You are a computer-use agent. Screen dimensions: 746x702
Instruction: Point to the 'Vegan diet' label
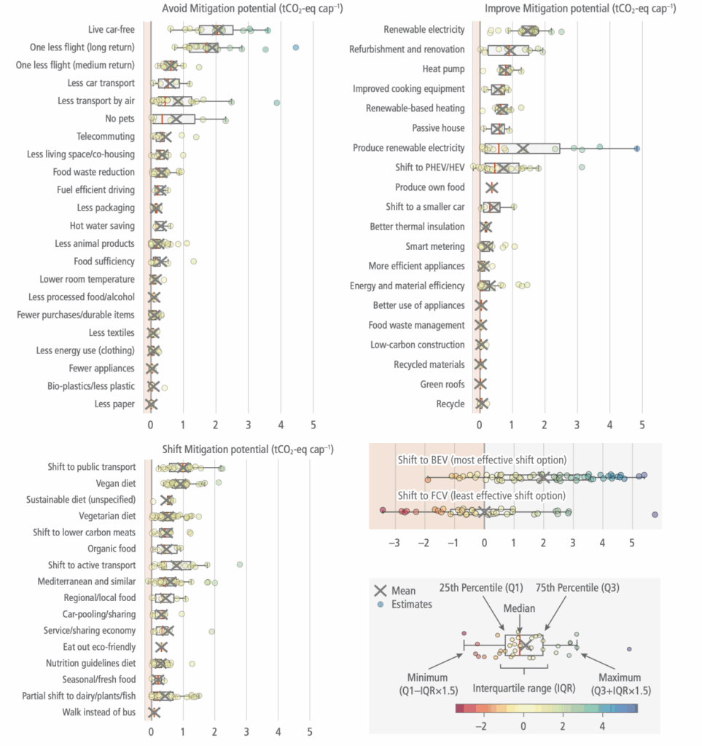[115, 483]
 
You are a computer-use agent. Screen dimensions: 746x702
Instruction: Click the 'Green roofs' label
[442, 384]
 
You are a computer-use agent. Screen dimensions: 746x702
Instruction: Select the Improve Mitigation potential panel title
[580, 9]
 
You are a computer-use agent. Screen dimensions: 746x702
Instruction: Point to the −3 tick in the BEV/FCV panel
[395, 543]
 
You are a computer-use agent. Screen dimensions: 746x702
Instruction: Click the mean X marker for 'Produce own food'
[491, 187]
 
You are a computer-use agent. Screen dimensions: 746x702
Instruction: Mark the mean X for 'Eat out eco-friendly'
[161, 647]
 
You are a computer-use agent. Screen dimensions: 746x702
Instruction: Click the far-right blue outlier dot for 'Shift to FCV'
[655, 515]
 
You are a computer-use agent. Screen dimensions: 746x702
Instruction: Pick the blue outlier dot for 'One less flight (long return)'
[296, 47]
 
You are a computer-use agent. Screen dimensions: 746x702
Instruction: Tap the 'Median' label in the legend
[519, 609]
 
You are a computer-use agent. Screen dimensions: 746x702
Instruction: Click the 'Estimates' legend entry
[411, 604]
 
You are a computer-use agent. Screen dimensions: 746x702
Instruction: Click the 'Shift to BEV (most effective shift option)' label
[482, 460]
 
